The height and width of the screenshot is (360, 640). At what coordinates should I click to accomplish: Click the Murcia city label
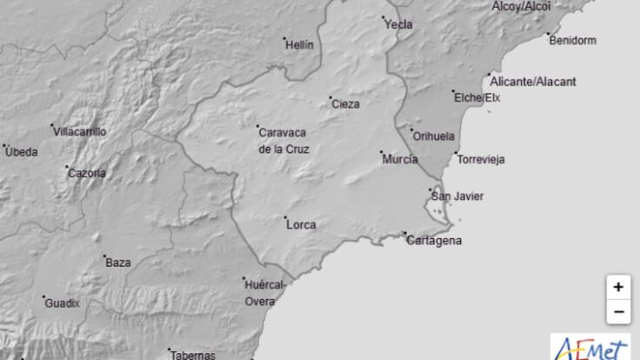pos(400,160)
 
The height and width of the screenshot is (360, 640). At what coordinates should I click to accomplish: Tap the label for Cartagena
pos(434,241)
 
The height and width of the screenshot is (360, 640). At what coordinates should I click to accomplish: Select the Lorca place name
pos(301,224)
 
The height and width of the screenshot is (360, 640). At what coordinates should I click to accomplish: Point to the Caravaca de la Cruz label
pos(283,141)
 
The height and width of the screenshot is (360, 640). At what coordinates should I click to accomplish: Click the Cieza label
pos(345,104)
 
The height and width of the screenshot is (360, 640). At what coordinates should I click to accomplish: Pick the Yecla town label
pos(398,25)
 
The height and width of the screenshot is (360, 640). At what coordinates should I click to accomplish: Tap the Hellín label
pos(300,45)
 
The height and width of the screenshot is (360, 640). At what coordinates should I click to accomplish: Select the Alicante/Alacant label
pos(533,82)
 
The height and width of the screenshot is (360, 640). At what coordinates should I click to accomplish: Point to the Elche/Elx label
pos(478,98)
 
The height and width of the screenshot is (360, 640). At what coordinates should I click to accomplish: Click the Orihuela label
pos(434,137)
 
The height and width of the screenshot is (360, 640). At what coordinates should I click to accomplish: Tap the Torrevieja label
pos(481,160)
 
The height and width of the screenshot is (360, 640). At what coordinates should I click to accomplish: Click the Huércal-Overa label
pos(261,292)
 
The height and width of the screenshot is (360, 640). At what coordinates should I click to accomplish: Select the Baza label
pos(117,262)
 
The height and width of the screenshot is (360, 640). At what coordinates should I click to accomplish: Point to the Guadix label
pos(63,303)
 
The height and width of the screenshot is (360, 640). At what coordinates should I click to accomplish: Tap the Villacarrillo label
pos(80,132)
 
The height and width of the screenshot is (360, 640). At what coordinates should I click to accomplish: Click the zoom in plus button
pos(617,286)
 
